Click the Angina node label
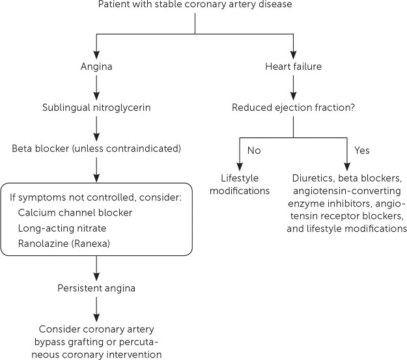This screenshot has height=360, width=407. point(96,66)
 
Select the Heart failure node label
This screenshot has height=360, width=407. point(293,66)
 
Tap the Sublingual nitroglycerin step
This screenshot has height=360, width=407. point(96,107)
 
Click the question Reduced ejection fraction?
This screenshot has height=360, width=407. point(293,107)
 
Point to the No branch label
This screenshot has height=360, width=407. point(254,150)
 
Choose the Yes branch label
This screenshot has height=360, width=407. point(362,150)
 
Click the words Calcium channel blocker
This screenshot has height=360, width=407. point(75,213)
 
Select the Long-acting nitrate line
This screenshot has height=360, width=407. point(62,228)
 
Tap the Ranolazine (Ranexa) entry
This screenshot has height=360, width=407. point(64,243)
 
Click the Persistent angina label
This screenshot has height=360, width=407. point(96,288)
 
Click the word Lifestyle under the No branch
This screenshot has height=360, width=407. point(240,178)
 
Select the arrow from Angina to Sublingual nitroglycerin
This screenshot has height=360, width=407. point(96,88)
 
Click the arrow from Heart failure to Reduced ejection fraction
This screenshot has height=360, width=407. point(293,88)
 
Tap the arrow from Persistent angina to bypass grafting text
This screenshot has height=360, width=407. point(96,309)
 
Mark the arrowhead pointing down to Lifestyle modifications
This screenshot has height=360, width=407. point(240,167)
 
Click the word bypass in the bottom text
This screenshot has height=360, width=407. point(49,342)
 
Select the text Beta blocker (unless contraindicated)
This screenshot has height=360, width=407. point(96,148)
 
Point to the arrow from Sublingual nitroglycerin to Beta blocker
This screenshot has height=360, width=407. point(96,129)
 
